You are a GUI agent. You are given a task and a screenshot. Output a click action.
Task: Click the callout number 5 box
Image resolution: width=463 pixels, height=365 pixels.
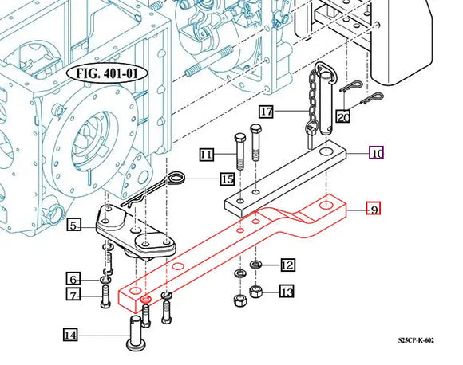[x=73, y=226]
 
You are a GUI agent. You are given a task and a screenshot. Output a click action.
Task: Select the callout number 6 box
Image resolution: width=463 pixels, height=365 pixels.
[x=73, y=279]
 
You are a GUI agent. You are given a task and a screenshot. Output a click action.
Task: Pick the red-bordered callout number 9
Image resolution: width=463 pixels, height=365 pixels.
[x=373, y=210]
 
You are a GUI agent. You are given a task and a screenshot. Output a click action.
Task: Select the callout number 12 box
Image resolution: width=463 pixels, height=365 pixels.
[x=287, y=265]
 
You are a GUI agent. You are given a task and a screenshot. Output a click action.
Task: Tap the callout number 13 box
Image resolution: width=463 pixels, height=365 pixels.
[x=287, y=292]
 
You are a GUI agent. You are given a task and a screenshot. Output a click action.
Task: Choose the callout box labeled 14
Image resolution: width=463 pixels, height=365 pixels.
[x=70, y=336]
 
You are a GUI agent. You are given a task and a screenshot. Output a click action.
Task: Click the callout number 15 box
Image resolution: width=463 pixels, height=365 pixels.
[x=228, y=179]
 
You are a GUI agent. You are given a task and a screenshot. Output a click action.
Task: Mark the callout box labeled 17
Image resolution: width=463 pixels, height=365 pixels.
[x=266, y=112]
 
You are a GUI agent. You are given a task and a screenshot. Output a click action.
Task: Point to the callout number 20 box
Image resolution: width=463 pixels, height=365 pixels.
[x=343, y=117]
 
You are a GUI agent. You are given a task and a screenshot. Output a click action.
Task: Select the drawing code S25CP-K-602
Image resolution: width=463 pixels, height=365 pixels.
[x=417, y=340]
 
